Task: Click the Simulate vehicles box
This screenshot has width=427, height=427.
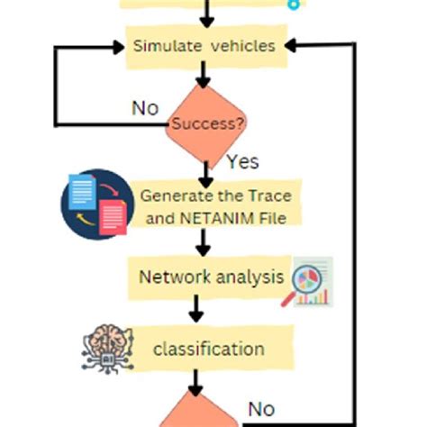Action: [205, 47]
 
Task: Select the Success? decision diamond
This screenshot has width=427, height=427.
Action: [206, 124]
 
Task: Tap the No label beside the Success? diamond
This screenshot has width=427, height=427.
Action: [145, 109]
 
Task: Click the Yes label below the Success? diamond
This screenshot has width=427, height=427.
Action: [242, 162]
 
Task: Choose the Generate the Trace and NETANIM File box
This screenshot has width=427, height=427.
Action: [215, 205]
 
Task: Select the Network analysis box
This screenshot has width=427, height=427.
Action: [210, 277]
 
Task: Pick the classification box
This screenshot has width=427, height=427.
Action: [209, 350]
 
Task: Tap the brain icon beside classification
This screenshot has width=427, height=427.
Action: [104, 347]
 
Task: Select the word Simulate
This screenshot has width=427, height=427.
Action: [164, 46]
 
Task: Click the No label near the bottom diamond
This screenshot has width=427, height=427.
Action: [261, 410]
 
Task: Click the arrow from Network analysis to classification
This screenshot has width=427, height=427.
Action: [196, 310]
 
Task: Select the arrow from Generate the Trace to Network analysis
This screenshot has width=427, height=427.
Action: [204, 241]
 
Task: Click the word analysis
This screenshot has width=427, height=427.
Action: [249, 277]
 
